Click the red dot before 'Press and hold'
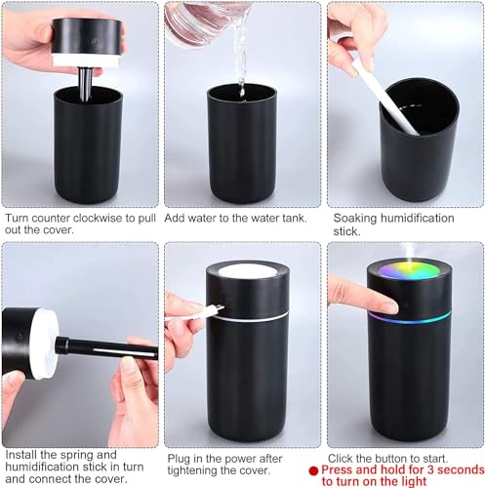point(314,469)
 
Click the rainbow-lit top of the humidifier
point(407,276)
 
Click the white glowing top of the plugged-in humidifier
point(247,271)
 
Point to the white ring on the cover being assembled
point(44,342)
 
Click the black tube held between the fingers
point(107,348)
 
